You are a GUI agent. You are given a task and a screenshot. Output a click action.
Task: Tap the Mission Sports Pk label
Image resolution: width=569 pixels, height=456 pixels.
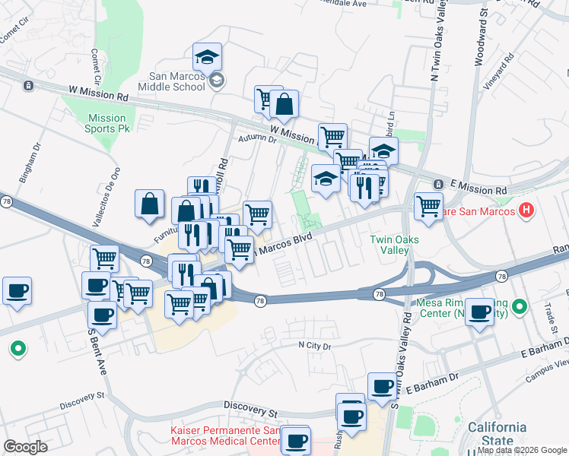coord(106,123)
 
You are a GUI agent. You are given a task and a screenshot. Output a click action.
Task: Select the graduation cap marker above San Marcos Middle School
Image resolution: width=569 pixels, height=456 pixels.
coord(206,58)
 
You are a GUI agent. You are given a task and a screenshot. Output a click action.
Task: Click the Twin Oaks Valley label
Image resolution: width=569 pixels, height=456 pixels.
coord(395,244)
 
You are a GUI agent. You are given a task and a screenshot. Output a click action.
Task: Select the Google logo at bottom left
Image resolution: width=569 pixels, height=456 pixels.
coord(26,447)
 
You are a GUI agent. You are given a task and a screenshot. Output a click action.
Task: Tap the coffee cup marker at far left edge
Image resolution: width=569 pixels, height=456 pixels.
coord(17,290)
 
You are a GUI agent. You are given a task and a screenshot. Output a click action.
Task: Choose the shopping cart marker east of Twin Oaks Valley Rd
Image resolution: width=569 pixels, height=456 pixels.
coord(429,205)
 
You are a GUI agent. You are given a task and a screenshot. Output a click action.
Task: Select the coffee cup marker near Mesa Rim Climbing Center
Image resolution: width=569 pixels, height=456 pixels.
coord(479,312)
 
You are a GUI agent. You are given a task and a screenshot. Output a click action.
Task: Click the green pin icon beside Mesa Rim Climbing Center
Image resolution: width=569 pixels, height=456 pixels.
coord(519,307)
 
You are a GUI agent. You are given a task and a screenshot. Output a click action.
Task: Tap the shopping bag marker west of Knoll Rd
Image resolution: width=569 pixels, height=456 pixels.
coord(150,204)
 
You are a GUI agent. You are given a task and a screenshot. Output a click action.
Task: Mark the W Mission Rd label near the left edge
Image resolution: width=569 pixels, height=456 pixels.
coord(101,97)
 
